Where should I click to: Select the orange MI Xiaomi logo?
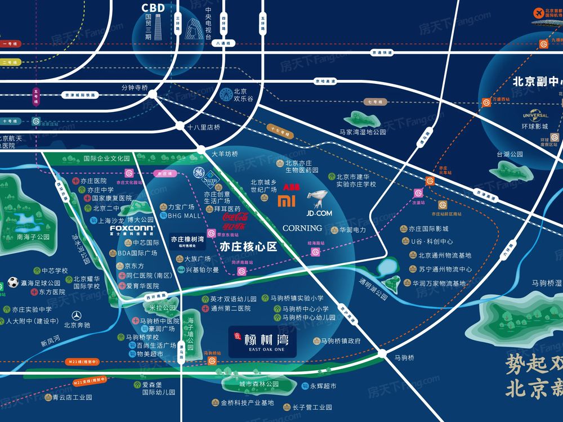[288, 202]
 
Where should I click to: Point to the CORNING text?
[302, 228]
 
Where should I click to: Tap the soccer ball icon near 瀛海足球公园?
[14, 282]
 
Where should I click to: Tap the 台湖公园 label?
[510, 154]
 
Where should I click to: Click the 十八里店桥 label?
[204, 127]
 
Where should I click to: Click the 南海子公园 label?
[33, 237]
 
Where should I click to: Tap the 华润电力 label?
[353, 230]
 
